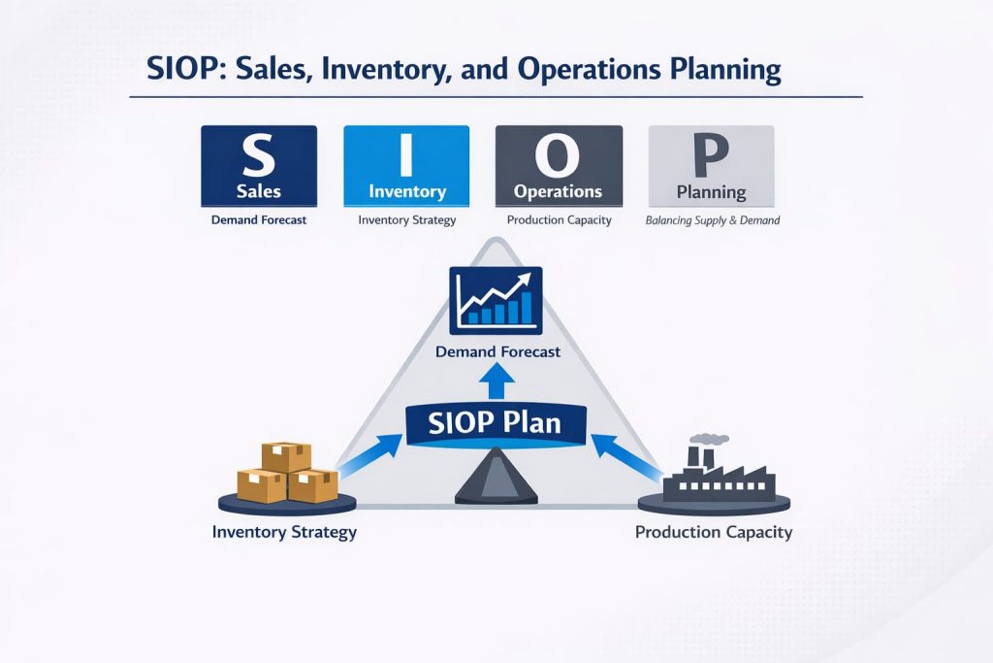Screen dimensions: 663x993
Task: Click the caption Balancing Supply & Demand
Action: pyautogui.click(x=712, y=220)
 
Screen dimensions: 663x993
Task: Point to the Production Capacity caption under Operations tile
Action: pyautogui.click(x=559, y=220)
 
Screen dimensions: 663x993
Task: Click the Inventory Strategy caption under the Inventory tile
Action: pyautogui.click(x=406, y=220)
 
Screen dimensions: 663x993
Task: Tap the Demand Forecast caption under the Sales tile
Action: pyautogui.click(x=258, y=220)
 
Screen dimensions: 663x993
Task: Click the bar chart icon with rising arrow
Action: pyautogui.click(x=496, y=297)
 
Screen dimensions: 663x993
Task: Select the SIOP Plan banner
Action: pyautogui.click(x=496, y=425)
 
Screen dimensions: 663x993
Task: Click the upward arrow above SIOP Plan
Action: pyautogui.click(x=496, y=381)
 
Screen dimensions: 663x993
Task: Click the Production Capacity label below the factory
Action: pyautogui.click(x=713, y=532)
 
